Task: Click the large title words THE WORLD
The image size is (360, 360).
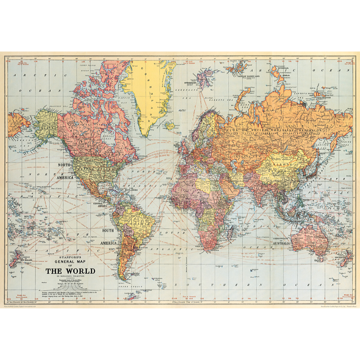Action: point(70,271)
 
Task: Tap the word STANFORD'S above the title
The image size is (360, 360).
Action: point(70,257)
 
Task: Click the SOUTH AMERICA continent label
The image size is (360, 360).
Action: point(108,237)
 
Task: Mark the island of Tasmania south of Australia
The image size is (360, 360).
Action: point(319,267)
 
